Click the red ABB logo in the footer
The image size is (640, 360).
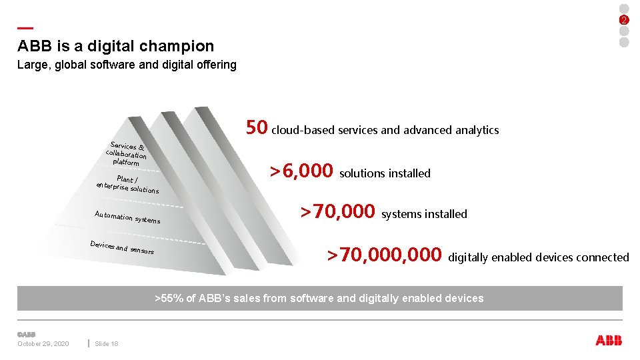tap(609, 341)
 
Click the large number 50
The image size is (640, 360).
tap(257, 127)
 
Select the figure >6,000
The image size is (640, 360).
tap(301, 171)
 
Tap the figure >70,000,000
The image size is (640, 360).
tap(385, 255)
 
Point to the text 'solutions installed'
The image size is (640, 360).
tap(385, 173)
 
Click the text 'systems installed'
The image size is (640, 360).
tap(424, 214)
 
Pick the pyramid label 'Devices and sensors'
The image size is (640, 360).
tap(122, 247)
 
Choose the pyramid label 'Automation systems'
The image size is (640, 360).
tap(127, 217)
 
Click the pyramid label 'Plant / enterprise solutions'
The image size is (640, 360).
tap(127, 185)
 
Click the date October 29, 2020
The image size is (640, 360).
tap(43, 344)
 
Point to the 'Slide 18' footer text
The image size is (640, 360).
tap(107, 344)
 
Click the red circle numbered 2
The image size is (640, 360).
tap(624, 20)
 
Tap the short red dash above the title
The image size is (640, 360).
tap(25, 28)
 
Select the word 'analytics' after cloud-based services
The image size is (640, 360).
tap(477, 130)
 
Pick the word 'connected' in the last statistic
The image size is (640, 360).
tap(604, 257)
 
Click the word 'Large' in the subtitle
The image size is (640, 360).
tap(33, 65)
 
